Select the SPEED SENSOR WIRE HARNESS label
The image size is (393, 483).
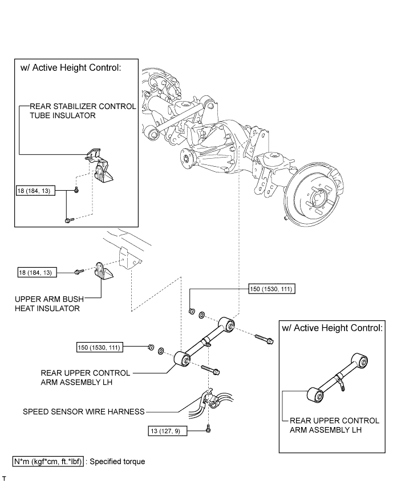tap(84, 410)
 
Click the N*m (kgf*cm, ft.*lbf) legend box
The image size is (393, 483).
tap(48, 461)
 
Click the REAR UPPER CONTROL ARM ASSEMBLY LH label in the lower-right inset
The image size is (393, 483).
tap(333, 425)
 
